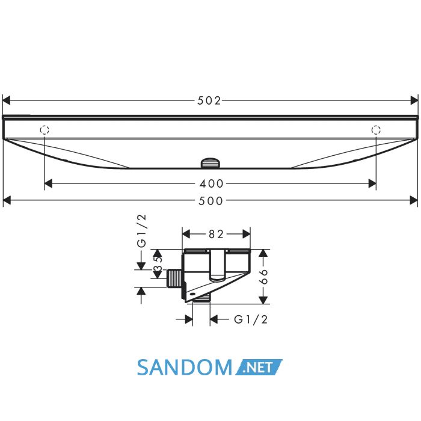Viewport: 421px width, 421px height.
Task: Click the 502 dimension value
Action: pyautogui.click(x=209, y=100)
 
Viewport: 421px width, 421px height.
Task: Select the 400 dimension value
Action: pyautogui.click(x=211, y=184)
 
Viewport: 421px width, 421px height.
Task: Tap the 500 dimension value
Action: pyautogui.click(x=210, y=201)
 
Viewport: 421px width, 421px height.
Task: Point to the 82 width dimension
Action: pyautogui.click(x=216, y=235)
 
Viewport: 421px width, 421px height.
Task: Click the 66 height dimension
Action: pyautogui.click(x=263, y=277)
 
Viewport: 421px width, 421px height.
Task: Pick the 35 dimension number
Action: pyautogui.click(x=158, y=264)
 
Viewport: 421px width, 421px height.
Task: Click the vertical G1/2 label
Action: pyautogui.click(x=141, y=230)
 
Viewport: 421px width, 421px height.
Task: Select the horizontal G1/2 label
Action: pyautogui.click(x=251, y=319)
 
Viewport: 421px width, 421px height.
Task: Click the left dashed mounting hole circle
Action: pyautogui.click(x=45, y=130)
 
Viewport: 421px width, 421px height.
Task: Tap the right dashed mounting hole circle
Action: pyautogui.click(x=376, y=130)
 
